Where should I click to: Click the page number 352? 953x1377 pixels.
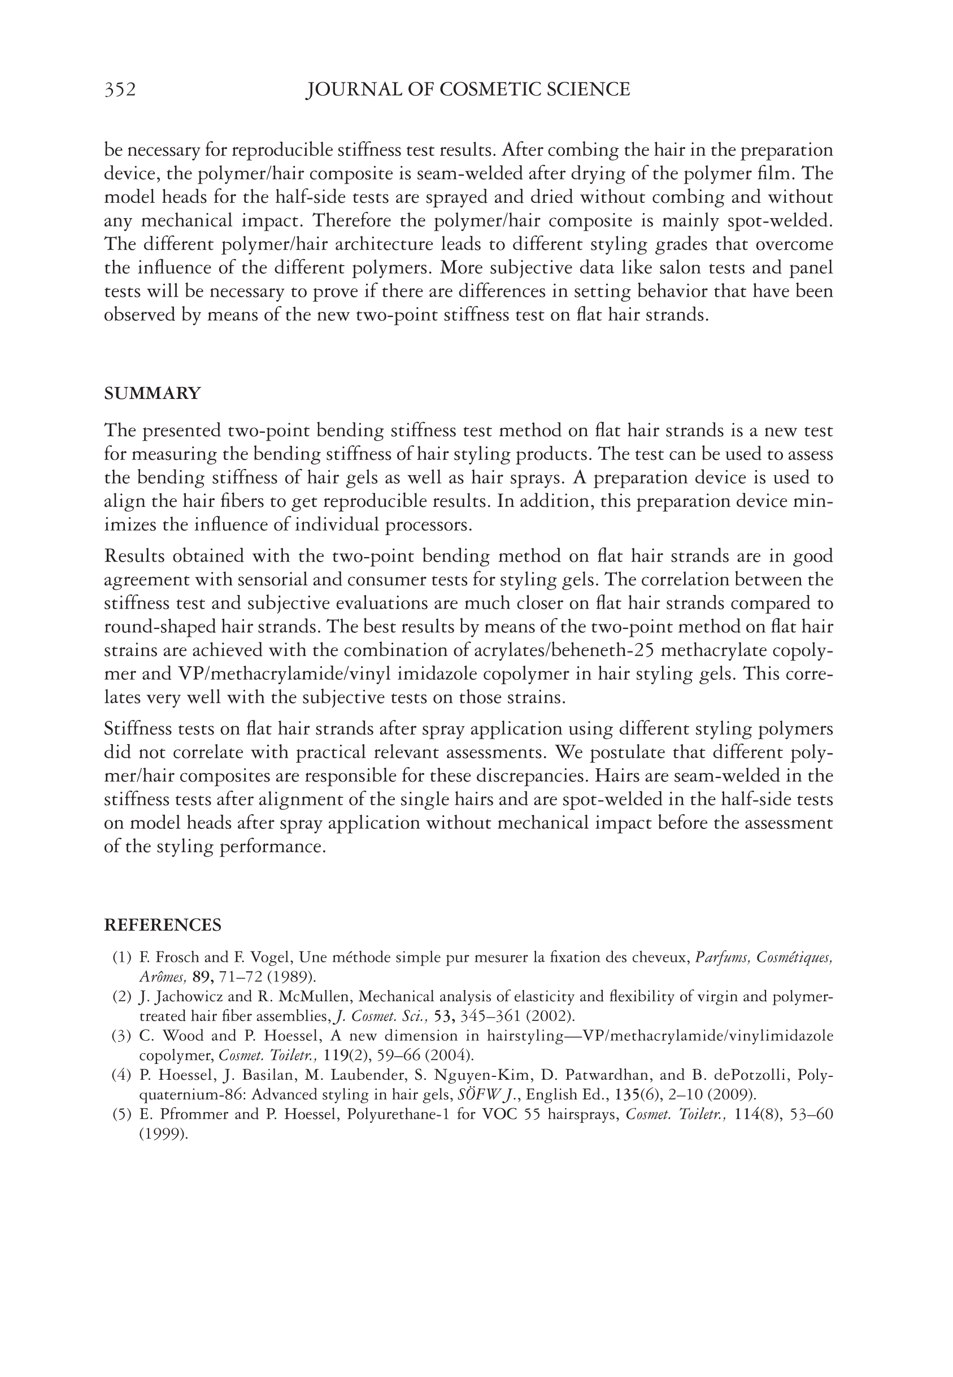[x=120, y=90]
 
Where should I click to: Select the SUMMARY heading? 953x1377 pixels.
[x=153, y=393]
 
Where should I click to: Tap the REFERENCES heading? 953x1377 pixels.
[x=163, y=925]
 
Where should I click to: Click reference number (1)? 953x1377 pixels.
[x=121, y=958]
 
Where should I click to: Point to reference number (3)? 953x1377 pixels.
[x=121, y=1036]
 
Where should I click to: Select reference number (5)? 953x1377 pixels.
[x=121, y=1114]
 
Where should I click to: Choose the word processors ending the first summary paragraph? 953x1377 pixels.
[x=428, y=525]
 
